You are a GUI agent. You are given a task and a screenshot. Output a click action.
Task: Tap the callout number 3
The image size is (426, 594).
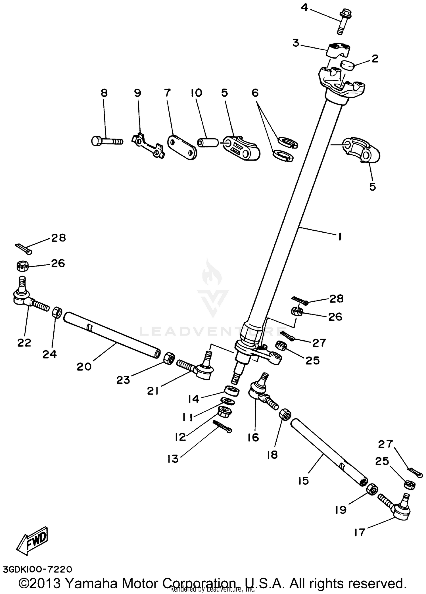click(296, 43)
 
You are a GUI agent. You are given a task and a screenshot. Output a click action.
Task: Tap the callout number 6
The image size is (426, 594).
click(255, 93)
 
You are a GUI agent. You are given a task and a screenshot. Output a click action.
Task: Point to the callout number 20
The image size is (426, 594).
click(84, 366)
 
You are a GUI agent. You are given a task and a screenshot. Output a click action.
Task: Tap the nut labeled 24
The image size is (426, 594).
click(57, 313)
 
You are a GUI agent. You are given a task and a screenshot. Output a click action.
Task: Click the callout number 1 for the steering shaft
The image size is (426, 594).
click(340, 236)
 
